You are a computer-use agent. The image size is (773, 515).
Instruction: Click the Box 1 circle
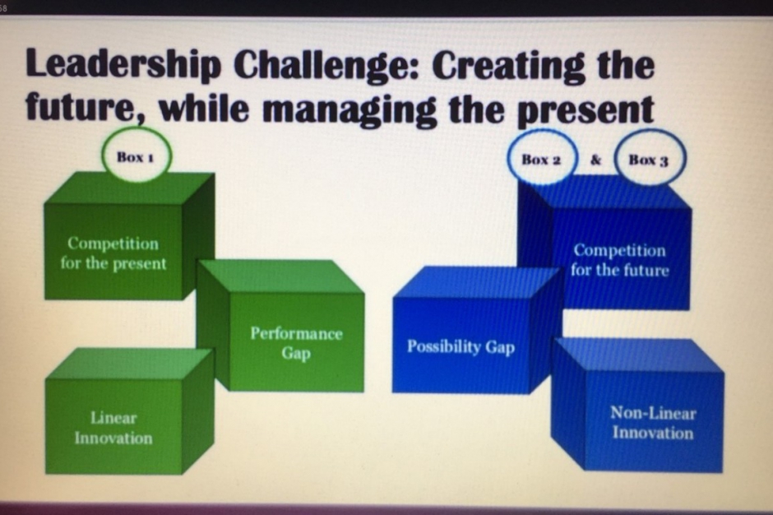pos(136,155)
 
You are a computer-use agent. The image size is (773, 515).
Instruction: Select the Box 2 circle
pos(541,160)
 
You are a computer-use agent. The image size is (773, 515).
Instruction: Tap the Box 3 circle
pos(649,160)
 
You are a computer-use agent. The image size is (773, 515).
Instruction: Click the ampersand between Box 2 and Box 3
pos(596,160)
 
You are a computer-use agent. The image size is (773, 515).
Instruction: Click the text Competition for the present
pos(113,253)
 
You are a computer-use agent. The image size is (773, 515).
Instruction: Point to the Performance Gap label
pos(296,343)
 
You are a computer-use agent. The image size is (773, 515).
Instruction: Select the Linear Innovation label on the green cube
pos(113,428)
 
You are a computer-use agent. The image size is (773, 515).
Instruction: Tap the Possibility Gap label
pos(461,347)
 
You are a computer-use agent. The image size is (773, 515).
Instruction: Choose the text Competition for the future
pos(620,260)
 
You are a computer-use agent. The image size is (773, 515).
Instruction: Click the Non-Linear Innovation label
pos(653,423)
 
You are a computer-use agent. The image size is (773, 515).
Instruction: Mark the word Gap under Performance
pos(296,354)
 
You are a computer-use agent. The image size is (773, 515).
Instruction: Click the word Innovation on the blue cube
pos(653,433)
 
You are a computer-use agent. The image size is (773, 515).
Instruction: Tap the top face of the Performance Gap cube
pos(280,276)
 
